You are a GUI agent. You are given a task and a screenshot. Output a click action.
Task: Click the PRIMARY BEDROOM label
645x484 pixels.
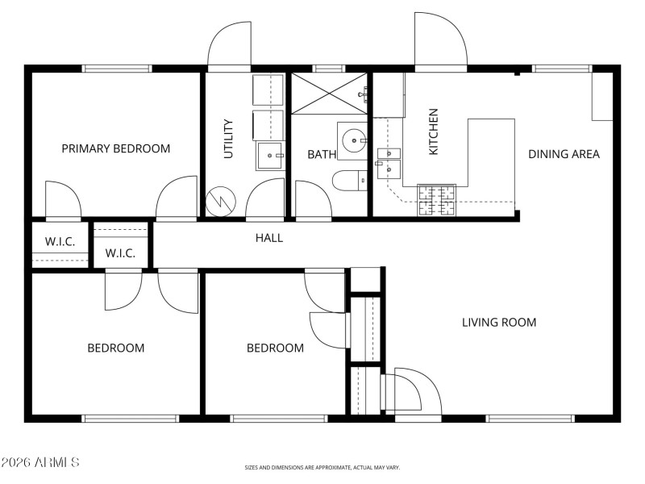pyautogui.click(x=116, y=148)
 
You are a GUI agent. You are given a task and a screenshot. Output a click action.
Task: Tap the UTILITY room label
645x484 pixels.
pyautogui.click(x=228, y=139)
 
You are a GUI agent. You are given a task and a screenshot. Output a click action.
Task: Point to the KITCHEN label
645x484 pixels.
pyautogui.click(x=433, y=131)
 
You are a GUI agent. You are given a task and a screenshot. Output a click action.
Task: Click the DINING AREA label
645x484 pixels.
pyautogui.click(x=564, y=153)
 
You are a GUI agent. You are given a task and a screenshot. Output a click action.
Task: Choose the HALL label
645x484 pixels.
pyautogui.click(x=269, y=238)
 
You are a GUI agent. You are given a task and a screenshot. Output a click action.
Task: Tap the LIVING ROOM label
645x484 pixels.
pyautogui.click(x=499, y=323)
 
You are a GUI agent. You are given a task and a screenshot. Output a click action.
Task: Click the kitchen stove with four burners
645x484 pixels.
pyautogui.click(x=436, y=199)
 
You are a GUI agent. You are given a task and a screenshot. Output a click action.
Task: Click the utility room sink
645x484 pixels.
pyautogui.click(x=270, y=155)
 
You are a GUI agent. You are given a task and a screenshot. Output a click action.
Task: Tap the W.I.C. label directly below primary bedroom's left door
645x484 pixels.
pyautogui.click(x=60, y=241)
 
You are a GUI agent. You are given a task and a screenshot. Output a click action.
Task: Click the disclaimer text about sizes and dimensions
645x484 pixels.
pyautogui.click(x=322, y=467)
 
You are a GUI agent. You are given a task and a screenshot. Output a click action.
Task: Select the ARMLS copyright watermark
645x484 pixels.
pyautogui.click(x=40, y=463)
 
